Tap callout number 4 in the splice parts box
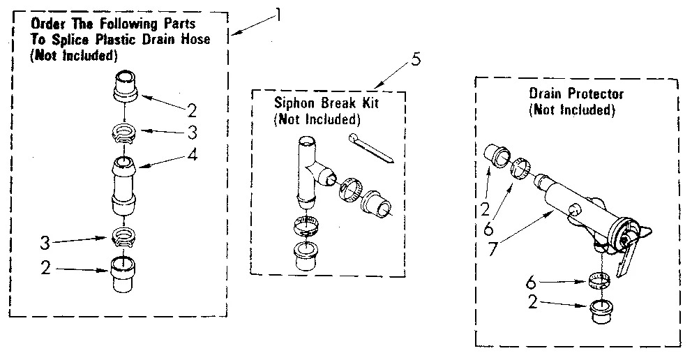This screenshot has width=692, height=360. point(192,156)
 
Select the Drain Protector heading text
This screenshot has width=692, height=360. point(576,93)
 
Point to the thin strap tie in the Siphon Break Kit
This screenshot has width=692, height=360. point(373,149)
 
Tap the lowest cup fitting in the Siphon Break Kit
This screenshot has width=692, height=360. point(303,255)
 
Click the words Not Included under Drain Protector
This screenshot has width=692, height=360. point(573,110)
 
